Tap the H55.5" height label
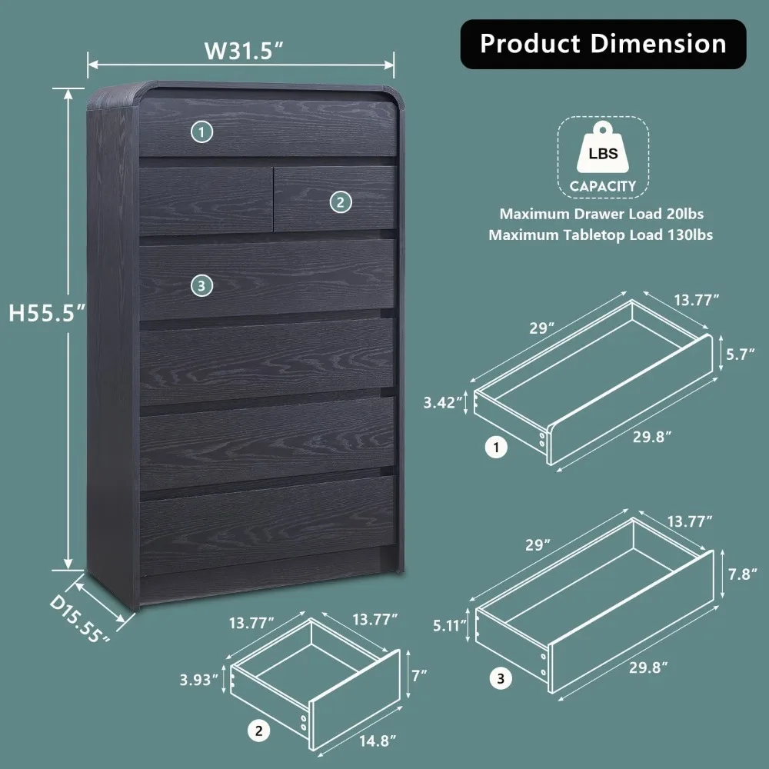[x=45, y=312]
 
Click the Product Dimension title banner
[x=603, y=44]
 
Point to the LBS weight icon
[x=603, y=154]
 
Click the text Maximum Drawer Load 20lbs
[x=601, y=214]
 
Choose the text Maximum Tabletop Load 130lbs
[x=600, y=235]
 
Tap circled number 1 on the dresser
[x=201, y=132]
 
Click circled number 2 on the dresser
[x=341, y=202]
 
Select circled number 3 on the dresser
[x=201, y=285]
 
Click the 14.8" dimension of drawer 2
[x=377, y=741]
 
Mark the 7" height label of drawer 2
[x=419, y=677]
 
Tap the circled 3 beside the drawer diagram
[x=501, y=678]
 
